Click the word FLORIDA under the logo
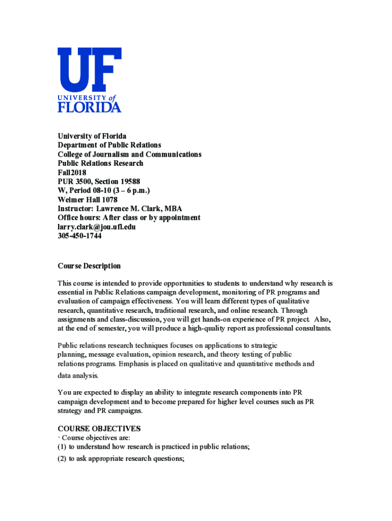pyautogui.click(x=90, y=107)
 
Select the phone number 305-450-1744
pyautogui.click(x=79, y=236)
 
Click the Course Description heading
pyautogui.click(x=89, y=266)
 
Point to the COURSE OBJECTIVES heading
pyautogui.click(x=99, y=428)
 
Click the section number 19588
pyautogui.click(x=120, y=182)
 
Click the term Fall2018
pyautogui.click(x=72, y=172)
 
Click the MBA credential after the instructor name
pyautogui.click(x=173, y=209)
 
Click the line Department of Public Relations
pyautogui.click(x=109, y=145)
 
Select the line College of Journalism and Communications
pyautogui.click(x=129, y=154)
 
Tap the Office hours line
pyautogui.click(x=129, y=218)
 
